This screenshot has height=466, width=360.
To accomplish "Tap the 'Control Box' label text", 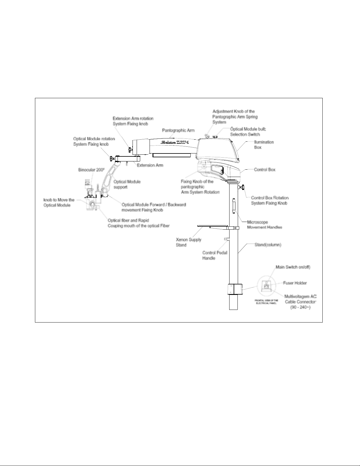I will click(264, 170).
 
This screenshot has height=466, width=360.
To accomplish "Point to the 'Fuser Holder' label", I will click(295, 283).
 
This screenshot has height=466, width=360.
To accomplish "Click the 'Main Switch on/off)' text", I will click(293, 267).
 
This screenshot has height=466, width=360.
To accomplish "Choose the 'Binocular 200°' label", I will click(89, 170).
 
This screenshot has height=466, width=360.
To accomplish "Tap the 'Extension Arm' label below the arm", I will click(150, 165).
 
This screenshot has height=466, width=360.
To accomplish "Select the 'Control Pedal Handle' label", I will click(215, 255).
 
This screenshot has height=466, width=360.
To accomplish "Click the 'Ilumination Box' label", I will click(264, 144).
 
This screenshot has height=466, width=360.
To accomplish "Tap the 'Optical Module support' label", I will click(127, 184).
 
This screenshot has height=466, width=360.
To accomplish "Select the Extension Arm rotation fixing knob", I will click(129, 150).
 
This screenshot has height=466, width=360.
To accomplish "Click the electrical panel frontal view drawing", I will click(267, 286).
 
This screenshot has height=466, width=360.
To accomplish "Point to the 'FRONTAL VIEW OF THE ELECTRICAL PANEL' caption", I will click(266, 302).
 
